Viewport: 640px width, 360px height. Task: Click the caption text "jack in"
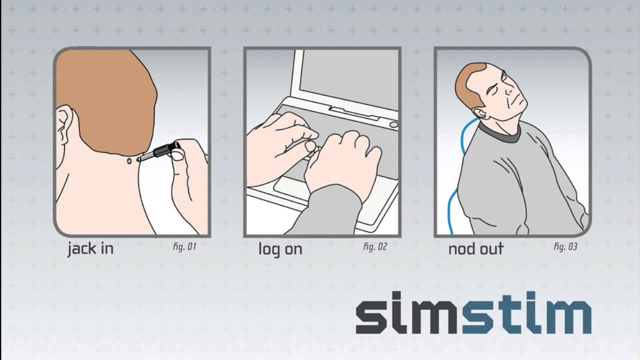(90, 249)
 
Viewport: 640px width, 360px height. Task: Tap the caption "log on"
(280, 249)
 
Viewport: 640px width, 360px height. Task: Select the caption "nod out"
(475, 249)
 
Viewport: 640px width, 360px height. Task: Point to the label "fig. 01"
(184, 246)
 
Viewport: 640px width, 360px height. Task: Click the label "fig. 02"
(375, 246)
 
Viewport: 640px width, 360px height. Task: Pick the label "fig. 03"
(565, 246)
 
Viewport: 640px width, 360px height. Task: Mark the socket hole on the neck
(129, 161)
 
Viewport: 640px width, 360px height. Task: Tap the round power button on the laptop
(393, 124)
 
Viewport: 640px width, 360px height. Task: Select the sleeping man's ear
(479, 112)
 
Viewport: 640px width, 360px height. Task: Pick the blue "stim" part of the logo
(526, 312)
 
